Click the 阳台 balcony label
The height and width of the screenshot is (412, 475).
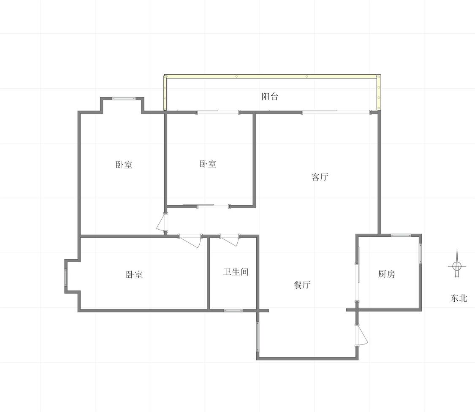(x=270, y=97)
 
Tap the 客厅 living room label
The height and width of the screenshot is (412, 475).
(x=320, y=177)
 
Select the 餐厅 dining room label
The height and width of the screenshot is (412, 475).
(x=302, y=285)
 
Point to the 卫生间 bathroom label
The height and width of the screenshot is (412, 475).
(x=236, y=272)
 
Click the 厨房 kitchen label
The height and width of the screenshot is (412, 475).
(x=386, y=274)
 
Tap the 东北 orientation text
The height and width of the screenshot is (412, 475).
(x=459, y=298)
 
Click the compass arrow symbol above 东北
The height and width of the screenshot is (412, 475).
(x=457, y=264)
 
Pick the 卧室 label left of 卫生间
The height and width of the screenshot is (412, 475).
(x=134, y=275)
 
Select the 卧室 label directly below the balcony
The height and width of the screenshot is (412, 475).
(x=208, y=164)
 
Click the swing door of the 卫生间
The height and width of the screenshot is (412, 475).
(x=230, y=240)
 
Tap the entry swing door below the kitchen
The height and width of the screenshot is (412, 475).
(x=362, y=335)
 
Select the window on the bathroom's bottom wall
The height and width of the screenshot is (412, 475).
(x=233, y=311)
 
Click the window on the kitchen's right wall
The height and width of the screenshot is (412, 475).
(x=420, y=254)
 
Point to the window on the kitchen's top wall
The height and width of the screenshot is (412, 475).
(x=401, y=236)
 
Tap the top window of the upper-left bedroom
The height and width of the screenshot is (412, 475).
(x=124, y=98)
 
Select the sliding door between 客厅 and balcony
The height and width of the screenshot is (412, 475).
(x=320, y=111)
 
